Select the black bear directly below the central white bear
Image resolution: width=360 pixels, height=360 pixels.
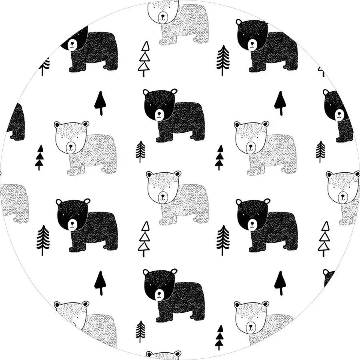click(174, 296)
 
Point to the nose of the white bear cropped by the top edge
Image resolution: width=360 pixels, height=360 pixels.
click(163, 16)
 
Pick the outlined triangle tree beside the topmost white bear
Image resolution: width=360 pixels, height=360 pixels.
click(144, 59)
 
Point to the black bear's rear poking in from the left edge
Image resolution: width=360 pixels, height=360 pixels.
click(16, 122)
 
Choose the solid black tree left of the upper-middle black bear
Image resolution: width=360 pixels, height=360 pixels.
click(100, 102)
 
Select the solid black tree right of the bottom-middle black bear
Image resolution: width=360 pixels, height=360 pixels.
click(280, 282)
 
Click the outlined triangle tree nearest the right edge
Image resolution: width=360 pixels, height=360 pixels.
click(324, 238)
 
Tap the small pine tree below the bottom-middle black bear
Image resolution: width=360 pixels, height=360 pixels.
click(140, 331)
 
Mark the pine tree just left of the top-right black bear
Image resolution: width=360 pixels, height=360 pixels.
click(223, 60)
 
